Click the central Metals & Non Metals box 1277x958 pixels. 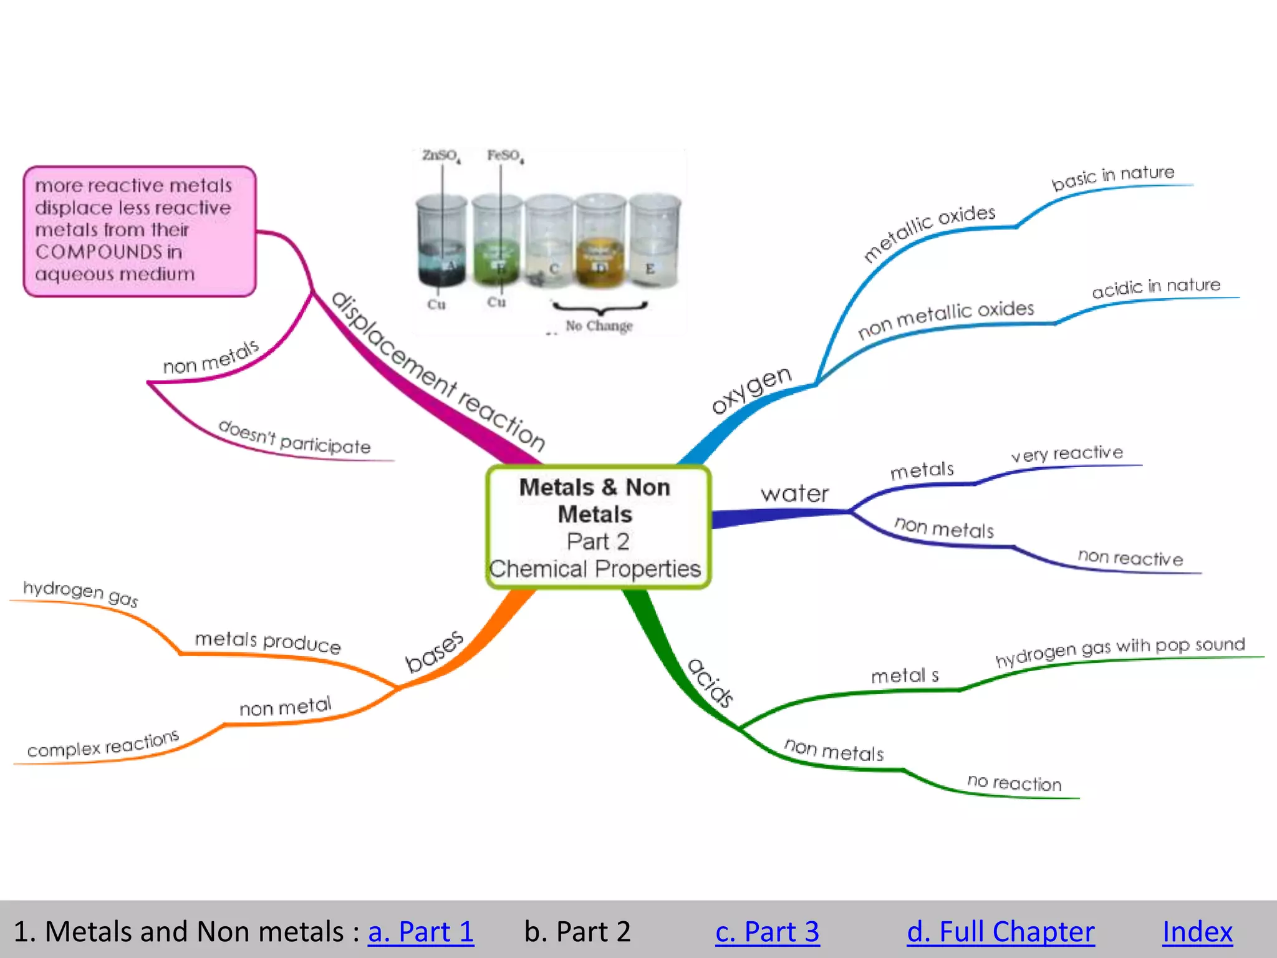(597, 527)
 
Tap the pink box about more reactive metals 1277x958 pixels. (140, 231)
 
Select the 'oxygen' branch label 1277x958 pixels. (751, 389)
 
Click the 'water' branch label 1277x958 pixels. (794, 494)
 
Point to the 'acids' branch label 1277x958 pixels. (710, 682)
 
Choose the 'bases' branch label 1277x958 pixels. (434, 651)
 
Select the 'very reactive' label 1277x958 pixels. (1067, 453)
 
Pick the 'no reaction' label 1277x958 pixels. (1014, 783)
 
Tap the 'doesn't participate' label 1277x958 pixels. (294, 438)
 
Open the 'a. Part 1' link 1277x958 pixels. (421, 932)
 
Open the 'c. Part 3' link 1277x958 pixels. (767, 932)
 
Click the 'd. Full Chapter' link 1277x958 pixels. (1000, 932)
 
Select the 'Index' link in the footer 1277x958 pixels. (1197, 932)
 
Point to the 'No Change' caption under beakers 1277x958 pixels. (599, 326)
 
